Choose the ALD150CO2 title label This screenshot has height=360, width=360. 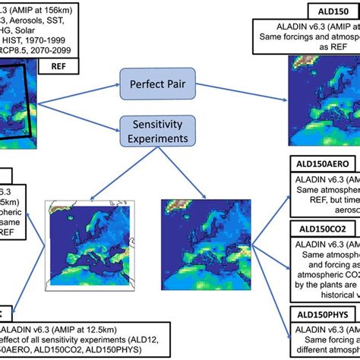tap(325, 228)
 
